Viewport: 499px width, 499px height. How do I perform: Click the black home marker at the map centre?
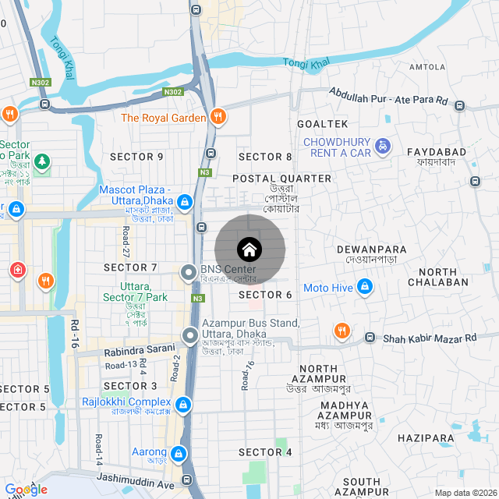[x=249, y=249]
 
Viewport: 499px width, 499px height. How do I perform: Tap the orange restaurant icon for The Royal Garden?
[x=219, y=118]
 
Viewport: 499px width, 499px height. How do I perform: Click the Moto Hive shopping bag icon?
[x=363, y=288]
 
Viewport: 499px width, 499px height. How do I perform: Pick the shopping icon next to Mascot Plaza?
[x=184, y=203]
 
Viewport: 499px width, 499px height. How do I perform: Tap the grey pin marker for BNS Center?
[x=188, y=272]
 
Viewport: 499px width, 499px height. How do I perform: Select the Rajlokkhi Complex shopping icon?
[x=182, y=405]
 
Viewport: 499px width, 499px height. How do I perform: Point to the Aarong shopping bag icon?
[x=179, y=453]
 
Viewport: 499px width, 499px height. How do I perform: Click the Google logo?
[x=26, y=489]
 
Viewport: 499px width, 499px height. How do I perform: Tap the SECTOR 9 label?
[x=136, y=157]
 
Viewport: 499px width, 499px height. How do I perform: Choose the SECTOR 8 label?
[x=265, y=157]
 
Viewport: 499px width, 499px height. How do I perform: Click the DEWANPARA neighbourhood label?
[x=367, y=249]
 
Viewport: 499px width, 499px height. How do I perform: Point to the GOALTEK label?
[x=322, y=124]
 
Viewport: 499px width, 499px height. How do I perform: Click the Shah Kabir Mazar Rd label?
[x=429, y=338]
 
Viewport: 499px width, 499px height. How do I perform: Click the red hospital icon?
[x=17, y=270]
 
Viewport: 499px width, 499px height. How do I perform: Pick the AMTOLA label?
[x=426, y=67]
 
